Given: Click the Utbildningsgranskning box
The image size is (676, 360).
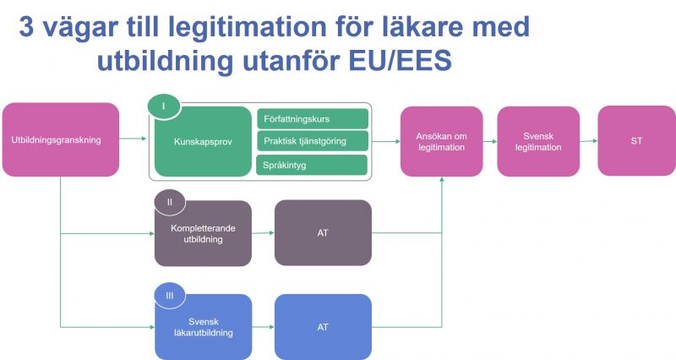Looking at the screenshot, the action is (60, 139).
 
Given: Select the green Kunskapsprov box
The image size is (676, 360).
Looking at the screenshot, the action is (203, 142).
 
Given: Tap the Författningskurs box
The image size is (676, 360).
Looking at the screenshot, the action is (313, 118).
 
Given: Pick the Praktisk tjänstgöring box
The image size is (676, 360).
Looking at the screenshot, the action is (313, 141).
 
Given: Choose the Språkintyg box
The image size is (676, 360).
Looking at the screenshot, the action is (312, 165).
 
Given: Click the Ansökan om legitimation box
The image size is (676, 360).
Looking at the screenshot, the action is (441, 141).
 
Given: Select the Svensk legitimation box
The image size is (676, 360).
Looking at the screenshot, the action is (538, 141).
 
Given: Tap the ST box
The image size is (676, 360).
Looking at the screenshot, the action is (637, 140).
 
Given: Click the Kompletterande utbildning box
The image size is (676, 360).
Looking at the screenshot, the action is (203, 233).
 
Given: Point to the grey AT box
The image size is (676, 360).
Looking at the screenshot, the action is (323, 232).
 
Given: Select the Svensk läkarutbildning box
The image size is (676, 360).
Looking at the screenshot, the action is (203, 327).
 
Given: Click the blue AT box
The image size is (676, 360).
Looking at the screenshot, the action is (323, 327).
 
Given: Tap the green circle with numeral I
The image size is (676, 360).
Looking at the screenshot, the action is (164, 106).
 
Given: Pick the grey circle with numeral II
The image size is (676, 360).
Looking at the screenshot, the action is (170, 202).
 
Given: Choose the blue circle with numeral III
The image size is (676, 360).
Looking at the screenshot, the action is (170, 296).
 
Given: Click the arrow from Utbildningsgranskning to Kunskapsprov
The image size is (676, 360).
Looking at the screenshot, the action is (133, 139).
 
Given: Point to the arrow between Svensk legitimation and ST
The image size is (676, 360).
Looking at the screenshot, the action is (589, 140).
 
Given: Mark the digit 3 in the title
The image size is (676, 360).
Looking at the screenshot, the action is (26, 27).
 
